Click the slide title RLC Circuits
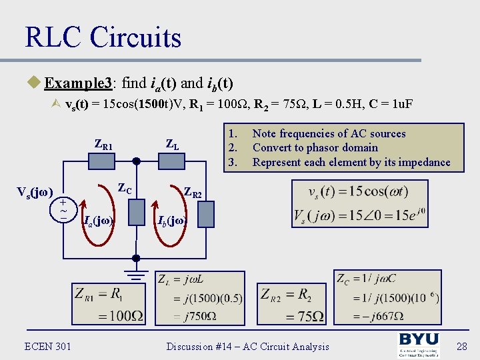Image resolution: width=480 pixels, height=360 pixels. [x=103, y=37]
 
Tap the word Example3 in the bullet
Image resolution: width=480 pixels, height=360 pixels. [x=78, y=83]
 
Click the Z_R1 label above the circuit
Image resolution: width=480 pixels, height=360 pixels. [x=103, y=145]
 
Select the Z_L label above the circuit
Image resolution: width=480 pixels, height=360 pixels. [x=172, y=145]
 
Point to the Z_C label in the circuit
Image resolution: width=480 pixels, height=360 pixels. [x=125, y=190]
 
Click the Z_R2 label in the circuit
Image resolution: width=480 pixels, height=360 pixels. [x=193, y=194]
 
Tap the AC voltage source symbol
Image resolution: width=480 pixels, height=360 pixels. [x=63, y=209]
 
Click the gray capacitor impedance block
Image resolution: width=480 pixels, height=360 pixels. [x=136, y=213]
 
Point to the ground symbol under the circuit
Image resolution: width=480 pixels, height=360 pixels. [x=136, y=273]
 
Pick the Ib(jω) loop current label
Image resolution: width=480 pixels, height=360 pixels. [x=172, y=219]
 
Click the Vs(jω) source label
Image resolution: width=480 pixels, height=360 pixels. [x=34, y=193]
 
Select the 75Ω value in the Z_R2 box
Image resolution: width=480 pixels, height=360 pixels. [x=304, y=315]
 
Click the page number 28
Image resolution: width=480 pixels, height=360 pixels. [x=462, y=346]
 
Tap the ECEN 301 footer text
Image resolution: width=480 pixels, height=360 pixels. [x=47, y=345]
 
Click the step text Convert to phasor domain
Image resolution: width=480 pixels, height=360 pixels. [x=315, y=148]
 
